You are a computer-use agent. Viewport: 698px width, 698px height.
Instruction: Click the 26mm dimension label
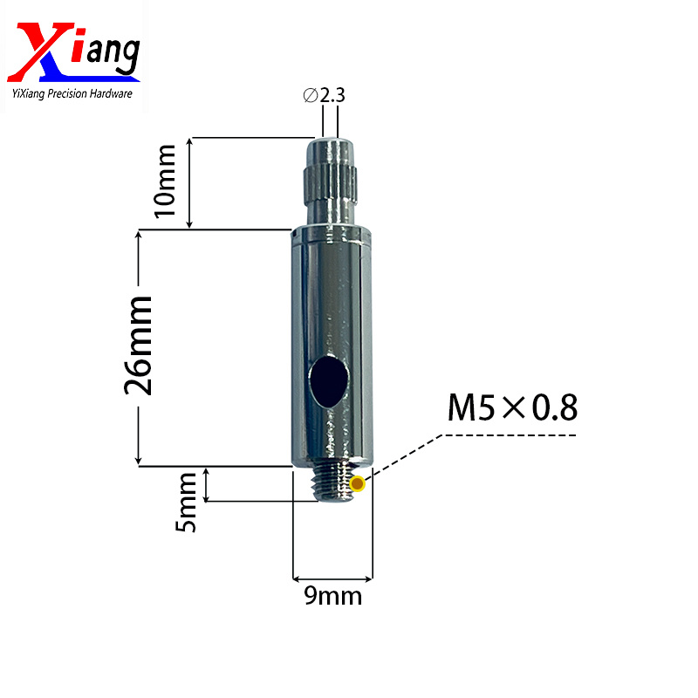pyautogui.click(x=140, y=346)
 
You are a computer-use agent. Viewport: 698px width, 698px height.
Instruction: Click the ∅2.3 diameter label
pyautogui.click(x=324, y=96)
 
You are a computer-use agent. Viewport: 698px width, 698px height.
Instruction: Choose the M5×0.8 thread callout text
pyautogui.click(x=512, y=407)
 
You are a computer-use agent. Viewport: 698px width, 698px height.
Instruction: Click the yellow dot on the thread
pyautogui.click(x=356, y=484)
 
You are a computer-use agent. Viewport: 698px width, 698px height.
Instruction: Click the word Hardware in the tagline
pyautogui.click(x=112, y=93)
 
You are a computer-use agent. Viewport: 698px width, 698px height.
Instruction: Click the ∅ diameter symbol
pyautogui.click(x=311, y=96)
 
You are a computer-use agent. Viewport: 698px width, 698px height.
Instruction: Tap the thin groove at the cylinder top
pyautogui.click(x=332, y=234)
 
